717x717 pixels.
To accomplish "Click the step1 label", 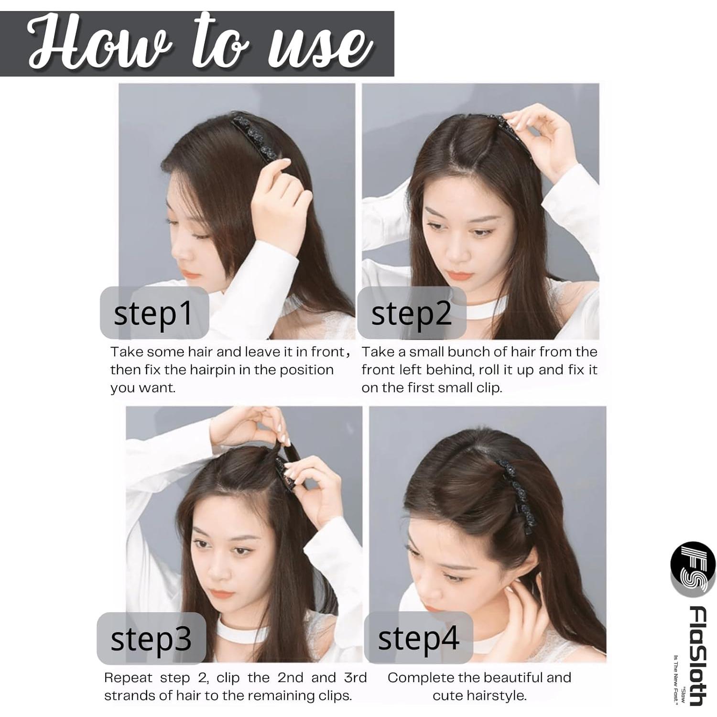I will click(x=153, y=313).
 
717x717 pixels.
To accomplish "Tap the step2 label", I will click(x=411, y=313).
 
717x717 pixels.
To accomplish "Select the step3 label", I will click(x=151, y=639).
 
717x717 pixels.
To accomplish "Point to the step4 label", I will click(x=418, y=638).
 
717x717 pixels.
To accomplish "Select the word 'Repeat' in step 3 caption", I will click(x=128, y=678).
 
